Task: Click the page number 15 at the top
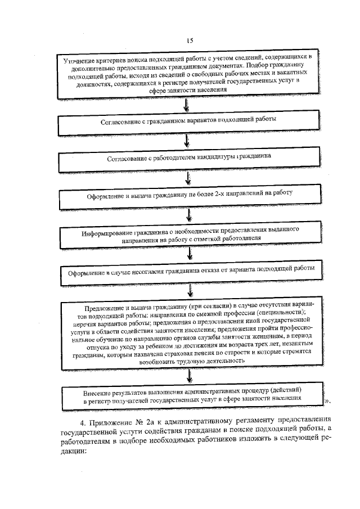pyautogui.click(x=190, y=40)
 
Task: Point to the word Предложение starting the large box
pyautogui.click(x=105, y=308)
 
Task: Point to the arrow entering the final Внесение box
pyautogui.click(x=193, y=377)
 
